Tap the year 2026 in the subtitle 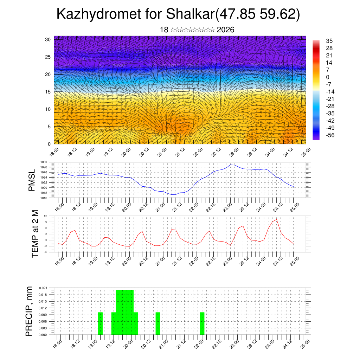[x=226, y=30]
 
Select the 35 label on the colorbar [x=329, y=41]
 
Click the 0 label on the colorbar [x=328, y=77]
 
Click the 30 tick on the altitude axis [x=47, y=39]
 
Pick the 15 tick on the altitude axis [x=47, y=92]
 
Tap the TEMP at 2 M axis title [x=35, y=234]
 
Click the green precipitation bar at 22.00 [x=202, y=323]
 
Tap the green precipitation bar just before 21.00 [x=158, y=323]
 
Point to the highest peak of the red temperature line [x=277, y=219]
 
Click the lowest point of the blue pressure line [x=173, y=194]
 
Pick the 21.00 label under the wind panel [x=162, y=152]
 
